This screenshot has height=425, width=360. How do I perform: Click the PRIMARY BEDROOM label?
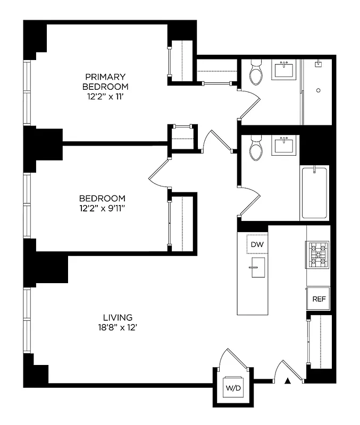pos(104,81)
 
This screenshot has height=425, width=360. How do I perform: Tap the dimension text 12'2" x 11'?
pos(105,97)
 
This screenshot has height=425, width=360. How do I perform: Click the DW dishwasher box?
pos(257,244)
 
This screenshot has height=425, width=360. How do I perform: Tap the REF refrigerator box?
pos(319,299)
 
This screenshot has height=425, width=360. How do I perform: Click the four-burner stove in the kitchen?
pos(317,254)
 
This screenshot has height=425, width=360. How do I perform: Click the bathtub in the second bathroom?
pos(315,193)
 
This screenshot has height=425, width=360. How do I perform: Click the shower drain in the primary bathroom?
pos(318,90)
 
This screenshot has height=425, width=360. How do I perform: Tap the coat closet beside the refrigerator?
pos(320,341)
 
